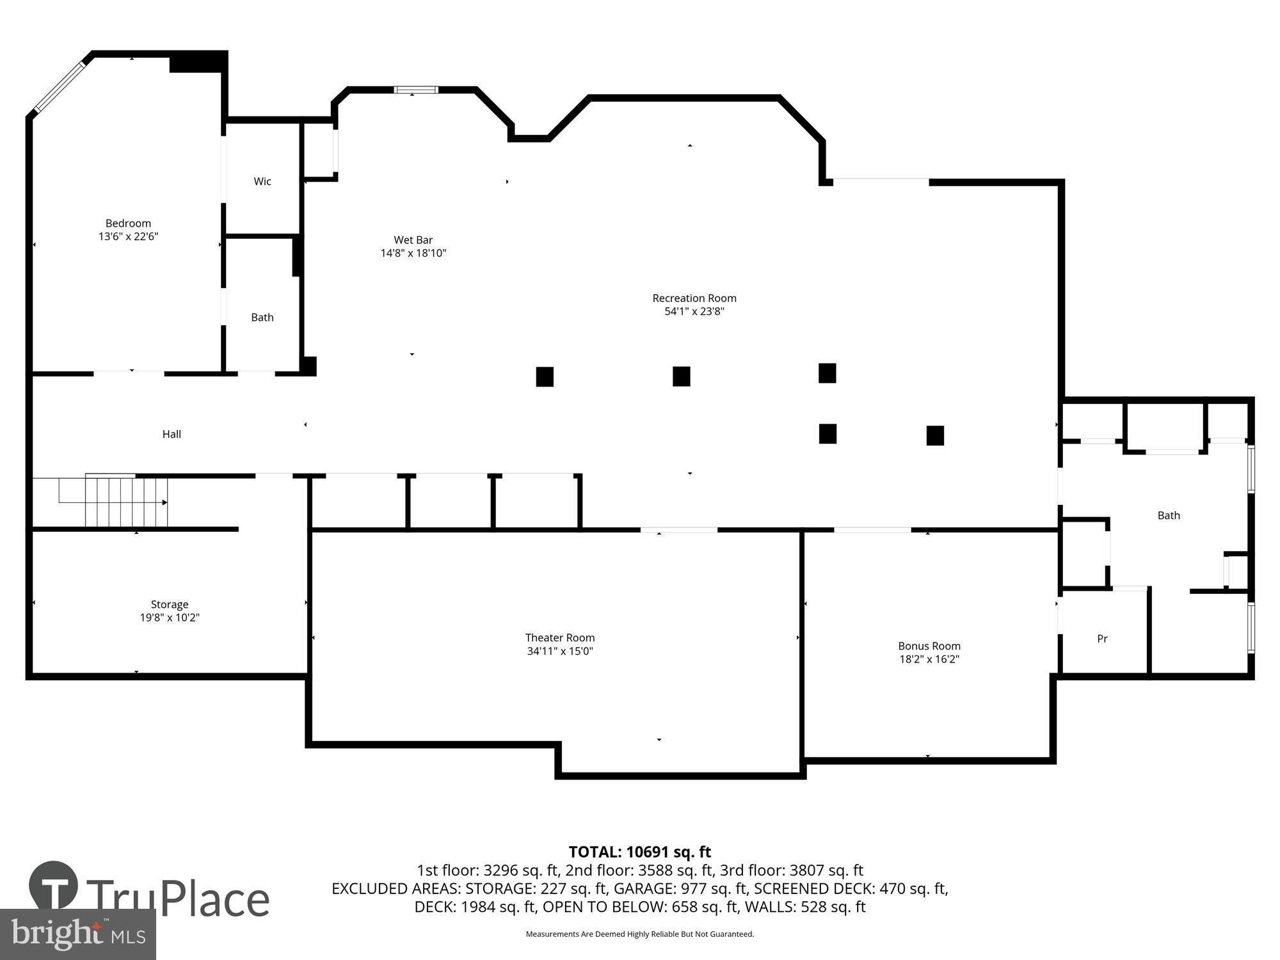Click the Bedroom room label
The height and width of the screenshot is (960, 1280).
click(128, 223)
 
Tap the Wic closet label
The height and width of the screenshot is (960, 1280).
click(262, 182)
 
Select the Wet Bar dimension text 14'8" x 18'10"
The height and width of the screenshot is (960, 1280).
click(413, 253)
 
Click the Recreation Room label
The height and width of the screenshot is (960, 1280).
click(694, 298)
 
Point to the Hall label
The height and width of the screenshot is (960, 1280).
click(172, 435)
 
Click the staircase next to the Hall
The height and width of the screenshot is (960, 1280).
click(125, 502)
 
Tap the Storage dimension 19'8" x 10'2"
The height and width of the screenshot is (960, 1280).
click(170, 618)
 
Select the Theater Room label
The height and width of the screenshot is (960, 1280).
click(560, 638)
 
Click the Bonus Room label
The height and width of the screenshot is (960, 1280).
click(929, 646)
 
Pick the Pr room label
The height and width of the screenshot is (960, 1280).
click(1102, 639)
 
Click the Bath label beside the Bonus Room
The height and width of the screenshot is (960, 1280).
click(1168, 516)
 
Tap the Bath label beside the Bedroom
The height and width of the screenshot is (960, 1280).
click(262, 317)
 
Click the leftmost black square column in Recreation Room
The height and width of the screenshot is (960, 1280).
click(545, 377)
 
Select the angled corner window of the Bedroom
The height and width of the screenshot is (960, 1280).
click(60, 87)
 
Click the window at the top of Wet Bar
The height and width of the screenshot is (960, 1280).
click(416, 90)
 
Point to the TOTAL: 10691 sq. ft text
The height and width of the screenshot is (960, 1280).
click(639, 852)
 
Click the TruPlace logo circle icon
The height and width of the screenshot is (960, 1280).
click(54, 887)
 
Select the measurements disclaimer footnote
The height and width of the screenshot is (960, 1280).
click(639, 934)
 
